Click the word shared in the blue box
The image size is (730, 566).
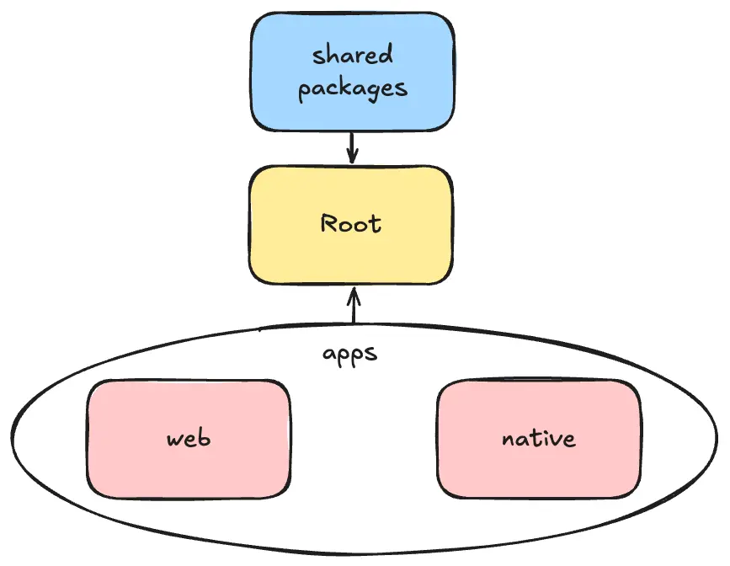[352, 56]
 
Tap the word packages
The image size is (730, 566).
[352, 88]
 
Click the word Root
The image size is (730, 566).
[351, 224]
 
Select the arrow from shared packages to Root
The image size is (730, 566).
[353, 145]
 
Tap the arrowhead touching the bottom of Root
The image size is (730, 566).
[354, 293]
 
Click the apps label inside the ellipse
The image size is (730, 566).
[350, 354]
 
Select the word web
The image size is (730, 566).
[188, 439]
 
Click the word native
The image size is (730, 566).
[538, 439]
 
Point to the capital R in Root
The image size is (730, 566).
[329, 224]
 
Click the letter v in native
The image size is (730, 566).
[557, 440]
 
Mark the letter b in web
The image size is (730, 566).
[204, 438]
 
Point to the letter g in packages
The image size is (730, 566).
[375, 91]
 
